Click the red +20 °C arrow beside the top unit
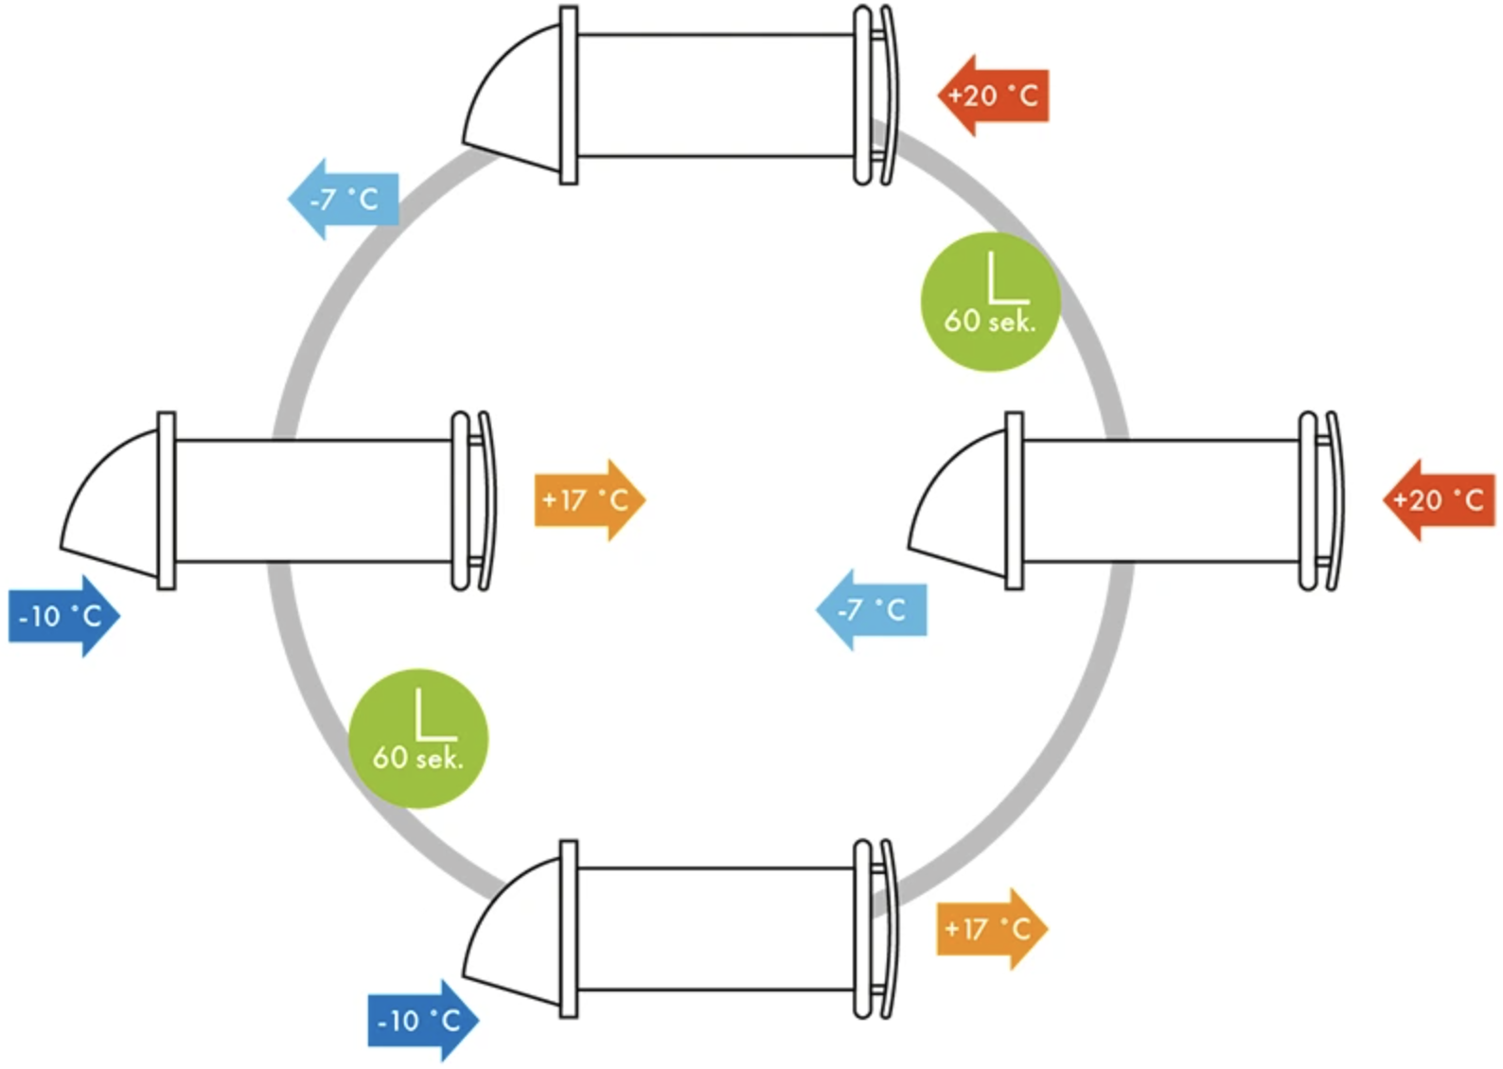coord(993,96)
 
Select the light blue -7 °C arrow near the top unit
coord(344,200)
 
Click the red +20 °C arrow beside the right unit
coord(1439,499)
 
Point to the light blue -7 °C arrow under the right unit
coord(871,610)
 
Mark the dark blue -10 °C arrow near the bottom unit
coord(422,1021)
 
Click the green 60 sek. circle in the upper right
coord(990,302)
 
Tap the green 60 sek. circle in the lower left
coord(418,739)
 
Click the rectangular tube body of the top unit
coord(716,96)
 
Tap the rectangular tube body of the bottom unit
coord(716,929)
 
